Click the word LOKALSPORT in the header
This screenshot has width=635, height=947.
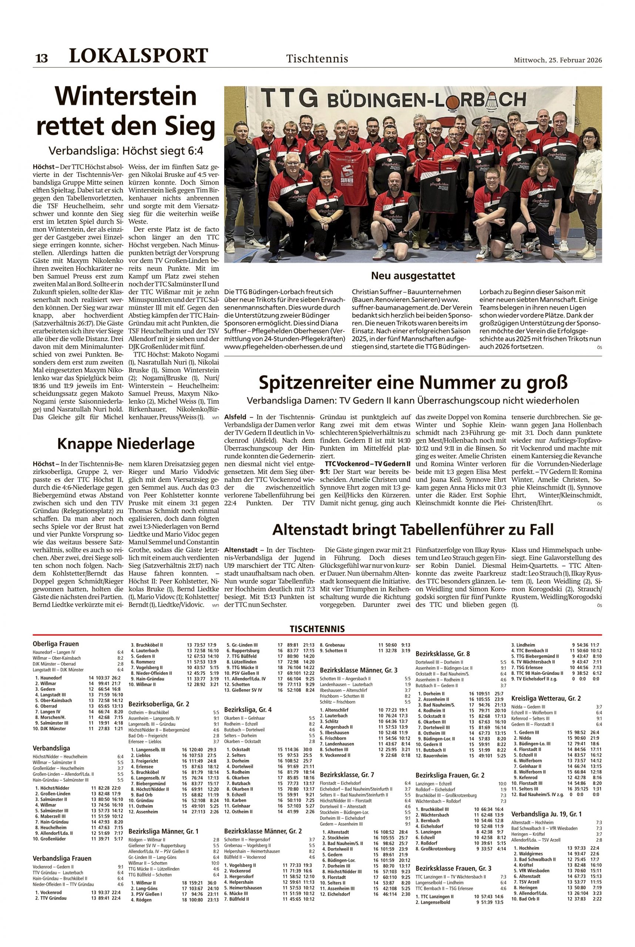(138, 56)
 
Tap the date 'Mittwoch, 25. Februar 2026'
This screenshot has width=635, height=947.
(558, 60)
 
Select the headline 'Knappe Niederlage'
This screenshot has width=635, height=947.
(125, 444)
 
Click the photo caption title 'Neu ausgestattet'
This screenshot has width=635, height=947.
(413, 276)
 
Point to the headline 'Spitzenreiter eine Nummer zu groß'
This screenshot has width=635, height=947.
(413, 382)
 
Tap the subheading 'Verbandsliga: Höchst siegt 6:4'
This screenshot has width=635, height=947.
(125, 151)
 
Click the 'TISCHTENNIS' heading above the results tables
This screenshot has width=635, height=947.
(317, 629)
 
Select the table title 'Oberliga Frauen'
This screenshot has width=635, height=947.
(56, 644)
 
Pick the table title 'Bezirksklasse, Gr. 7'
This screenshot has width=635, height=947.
(347, 775)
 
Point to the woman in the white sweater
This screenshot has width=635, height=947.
(587, 178)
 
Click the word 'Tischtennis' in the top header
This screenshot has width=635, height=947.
(317, 59)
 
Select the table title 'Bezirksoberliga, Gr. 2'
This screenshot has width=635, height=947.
(159, 704)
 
